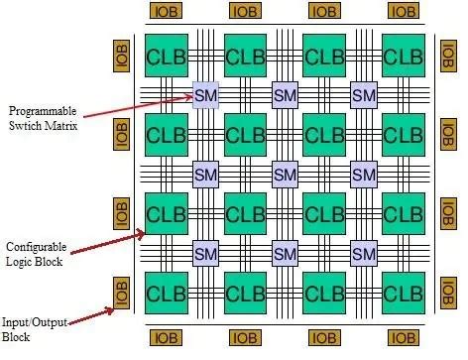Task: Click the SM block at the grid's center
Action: coord(286,175)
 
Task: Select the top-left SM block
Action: coord(206,95)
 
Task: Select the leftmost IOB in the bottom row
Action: coord(167,337)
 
